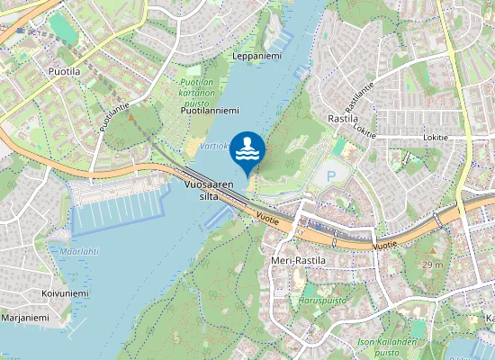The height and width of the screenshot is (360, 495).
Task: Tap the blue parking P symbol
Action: click(330, 176)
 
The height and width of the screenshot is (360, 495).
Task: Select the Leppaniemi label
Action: click(256, 56)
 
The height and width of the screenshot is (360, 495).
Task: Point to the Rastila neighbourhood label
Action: click(344, 118)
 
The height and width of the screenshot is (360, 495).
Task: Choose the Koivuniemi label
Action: click(65, 293)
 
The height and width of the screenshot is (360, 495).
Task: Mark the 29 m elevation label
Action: click(434, 265)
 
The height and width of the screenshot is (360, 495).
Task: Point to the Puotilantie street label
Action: click(115, 116)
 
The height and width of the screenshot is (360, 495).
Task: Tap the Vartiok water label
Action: click(214, 146)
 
